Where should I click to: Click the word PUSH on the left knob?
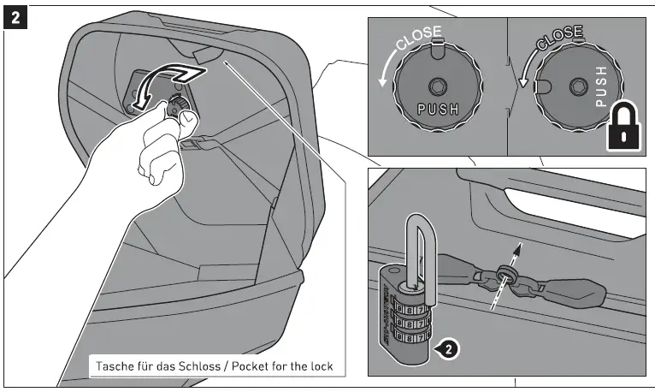click(437, 109)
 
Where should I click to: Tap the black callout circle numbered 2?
click(447, 347)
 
